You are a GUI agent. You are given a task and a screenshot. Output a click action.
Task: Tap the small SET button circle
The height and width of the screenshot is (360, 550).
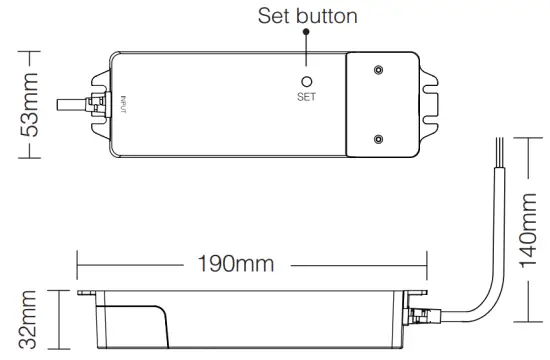tap(306, 81)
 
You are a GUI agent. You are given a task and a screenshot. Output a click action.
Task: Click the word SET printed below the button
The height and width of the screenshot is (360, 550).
tap(306, 98)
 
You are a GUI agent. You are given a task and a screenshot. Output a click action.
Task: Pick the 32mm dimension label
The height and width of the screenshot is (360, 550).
tap(30, 320)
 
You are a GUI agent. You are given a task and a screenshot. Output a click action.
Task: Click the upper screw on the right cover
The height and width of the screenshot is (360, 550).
tap(378, 71)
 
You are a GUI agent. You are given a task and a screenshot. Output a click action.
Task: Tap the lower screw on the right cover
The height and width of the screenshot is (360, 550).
tap(378, 139)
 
